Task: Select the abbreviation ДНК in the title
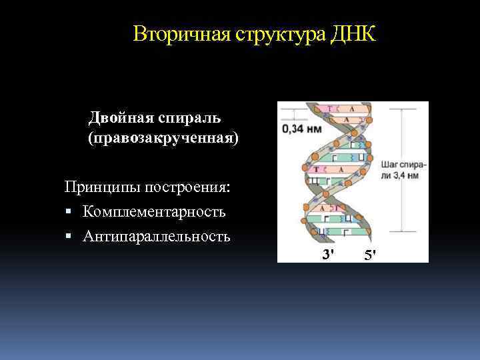[x=353, y=33]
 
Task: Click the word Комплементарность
[x=154, y=212]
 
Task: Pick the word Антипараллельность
[x=157, y=236]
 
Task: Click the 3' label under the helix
[x=328, y=254]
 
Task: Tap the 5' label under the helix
[x=371, y=254]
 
